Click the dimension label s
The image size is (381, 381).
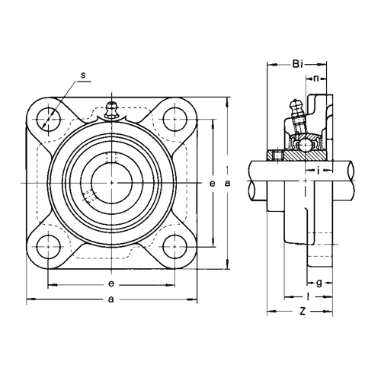tap(83, 75)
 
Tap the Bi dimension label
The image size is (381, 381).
tap(297, 64)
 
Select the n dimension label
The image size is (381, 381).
tap(315, 78)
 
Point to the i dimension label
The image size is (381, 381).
tap(319, 171)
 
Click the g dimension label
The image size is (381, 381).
tap(319, 283)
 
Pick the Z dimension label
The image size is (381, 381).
tap(303, 311)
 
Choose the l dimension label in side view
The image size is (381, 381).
tap(308, 296)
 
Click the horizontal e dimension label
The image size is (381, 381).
tap(111, 284)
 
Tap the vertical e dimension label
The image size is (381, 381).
tap(212, 184)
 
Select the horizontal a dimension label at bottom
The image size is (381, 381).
tap(111, 299)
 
